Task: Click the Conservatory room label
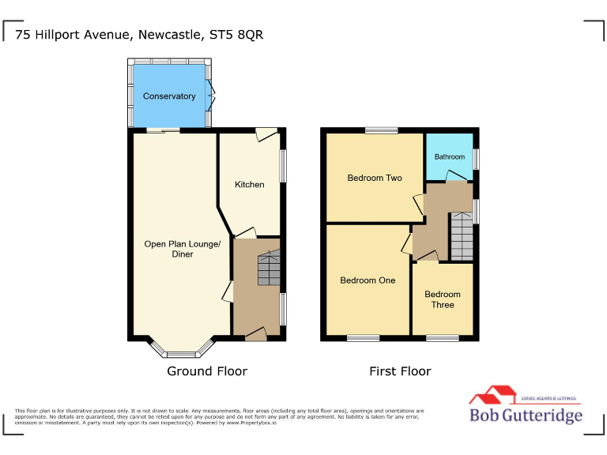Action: pos(169,96)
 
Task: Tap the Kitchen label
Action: pos(250,184)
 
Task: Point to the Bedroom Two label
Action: pos(375,178)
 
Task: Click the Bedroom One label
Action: pos(368,280)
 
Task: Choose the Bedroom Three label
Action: pos(443,299)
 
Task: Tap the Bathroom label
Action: pos(450,156)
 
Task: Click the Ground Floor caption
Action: pos(207,371)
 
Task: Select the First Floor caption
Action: pos(400,371)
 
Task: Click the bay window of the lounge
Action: pos(181,352)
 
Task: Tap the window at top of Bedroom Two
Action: pos(381,130)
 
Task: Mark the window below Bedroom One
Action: pos(363,338)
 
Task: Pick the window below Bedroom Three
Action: pos(443,338)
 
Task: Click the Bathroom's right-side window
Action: pos(476,158)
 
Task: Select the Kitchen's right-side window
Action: pos(284,167)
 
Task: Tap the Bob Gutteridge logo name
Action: pos(526,416)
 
